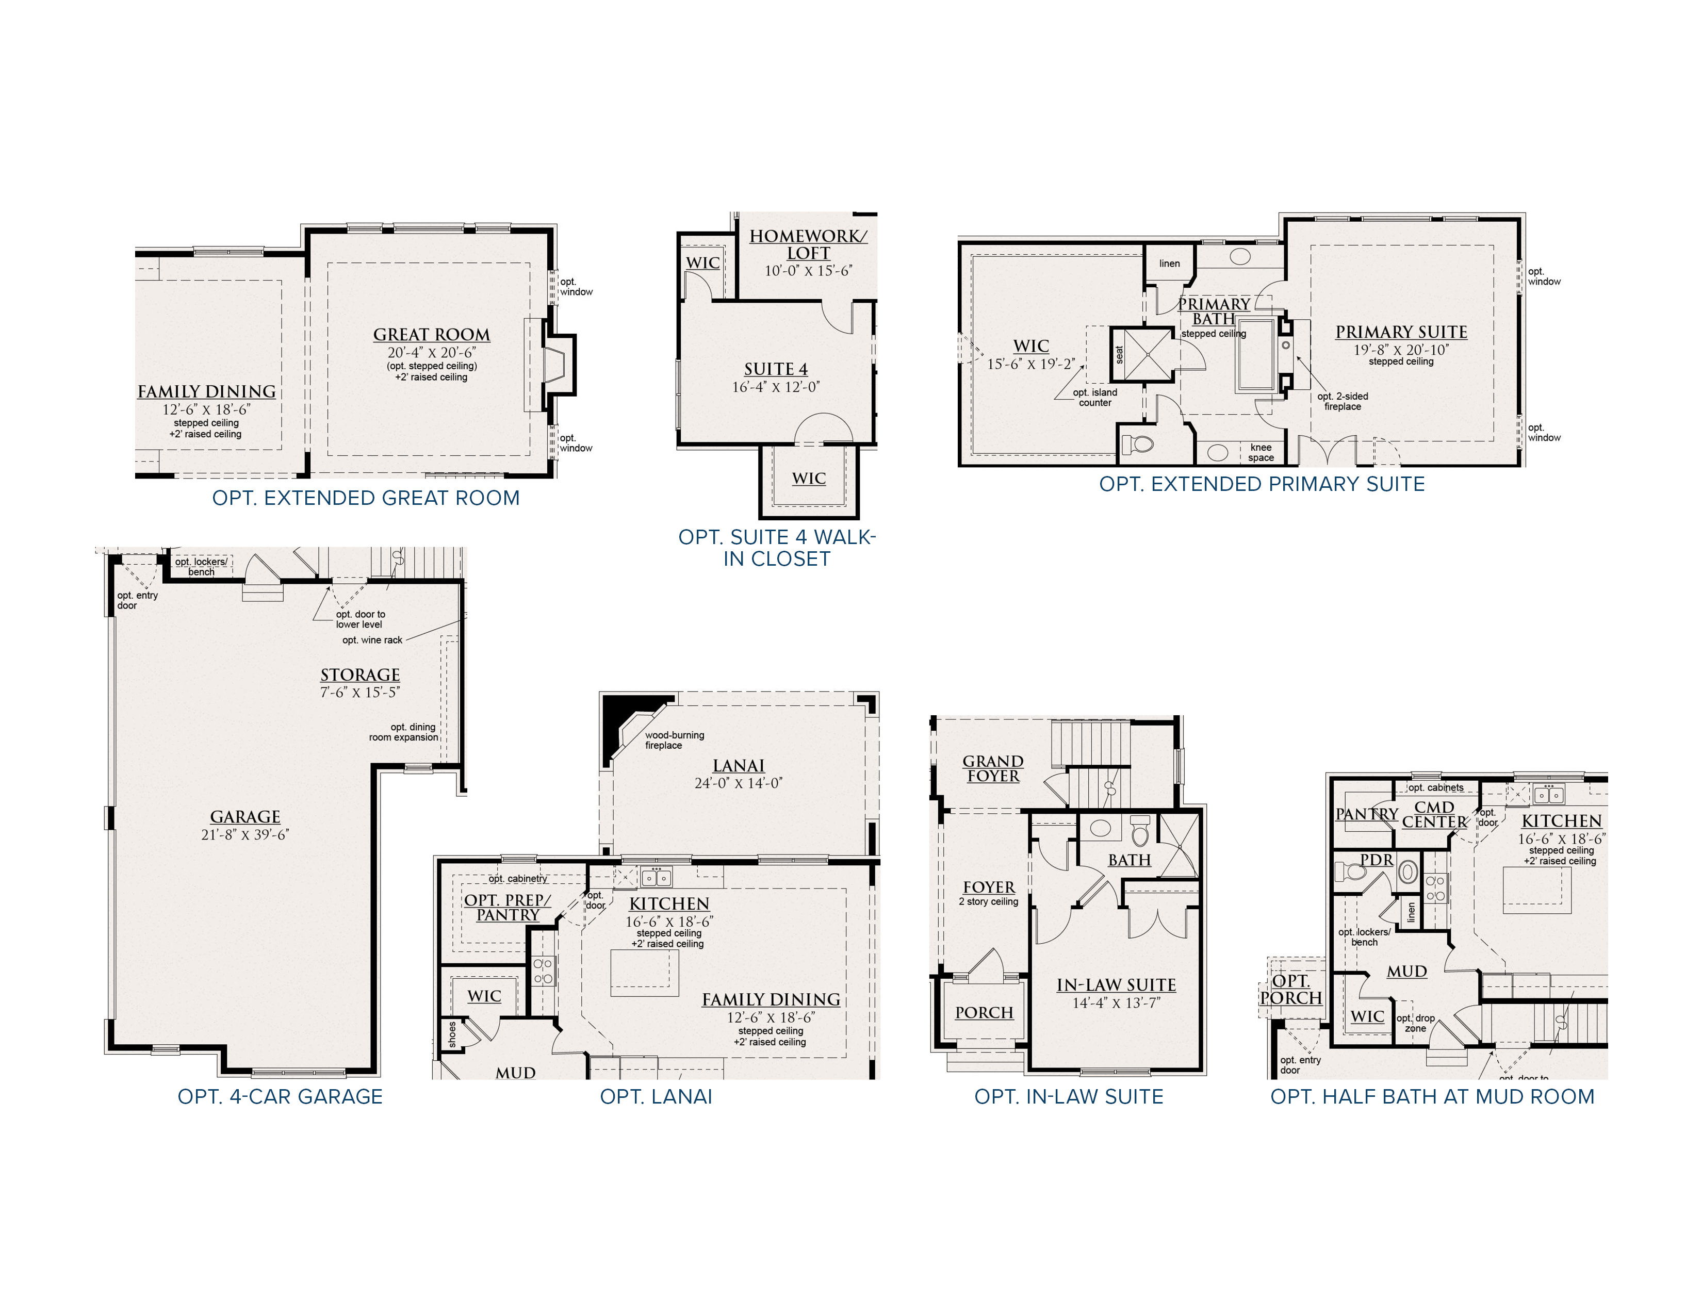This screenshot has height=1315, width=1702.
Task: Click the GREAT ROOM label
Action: tap(431, 334)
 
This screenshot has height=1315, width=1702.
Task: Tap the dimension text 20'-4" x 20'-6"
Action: tap(431, 352)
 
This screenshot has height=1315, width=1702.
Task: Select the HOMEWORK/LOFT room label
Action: tap(808, 244)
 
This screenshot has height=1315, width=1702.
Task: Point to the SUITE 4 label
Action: tap(775, 369)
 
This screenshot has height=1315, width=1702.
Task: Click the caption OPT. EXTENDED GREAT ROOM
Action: tap(366, 498)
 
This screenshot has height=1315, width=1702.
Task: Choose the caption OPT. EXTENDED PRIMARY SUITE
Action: tap(1262, 484)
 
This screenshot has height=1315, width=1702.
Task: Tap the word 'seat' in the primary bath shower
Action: tap(1120, 354)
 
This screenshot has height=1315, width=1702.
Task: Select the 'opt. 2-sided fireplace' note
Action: tap(1343, 401)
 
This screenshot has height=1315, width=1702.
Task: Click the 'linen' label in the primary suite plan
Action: tap(1169, 264)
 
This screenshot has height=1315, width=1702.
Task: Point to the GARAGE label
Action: tap(244, 816)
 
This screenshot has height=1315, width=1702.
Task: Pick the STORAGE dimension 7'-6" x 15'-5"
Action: tap(360, 692)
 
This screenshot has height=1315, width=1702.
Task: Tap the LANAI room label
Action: tap(739, 766)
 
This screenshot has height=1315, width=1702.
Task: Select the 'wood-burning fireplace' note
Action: tap(674, 740)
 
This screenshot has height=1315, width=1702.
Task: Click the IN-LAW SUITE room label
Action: tap(1116, 984)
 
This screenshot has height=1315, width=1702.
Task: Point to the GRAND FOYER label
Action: tap(993, 768)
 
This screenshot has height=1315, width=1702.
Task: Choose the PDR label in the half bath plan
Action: tap(1376, 860)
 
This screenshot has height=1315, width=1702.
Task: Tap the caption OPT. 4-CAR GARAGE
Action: tap(280, 1097)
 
